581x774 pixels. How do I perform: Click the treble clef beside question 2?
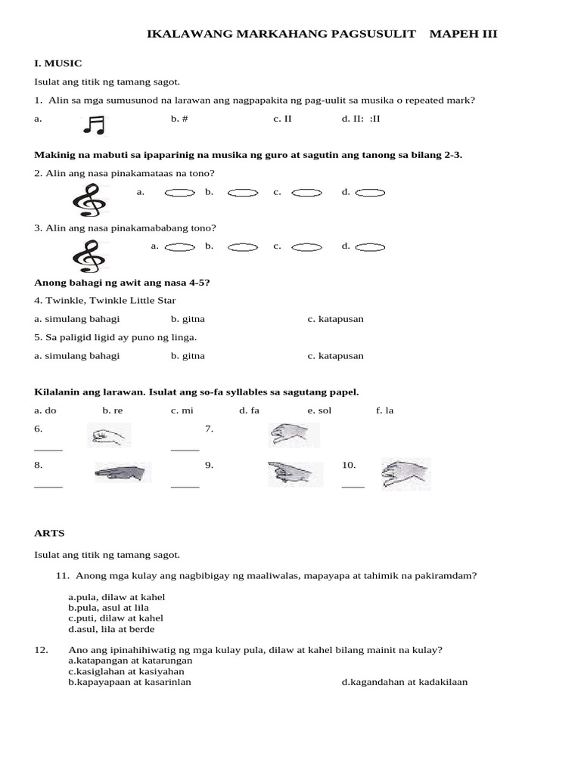89,200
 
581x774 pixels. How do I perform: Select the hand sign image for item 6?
109,435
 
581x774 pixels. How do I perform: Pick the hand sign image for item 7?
294,435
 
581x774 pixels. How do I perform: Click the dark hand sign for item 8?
122,473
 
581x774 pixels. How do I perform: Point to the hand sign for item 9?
290,473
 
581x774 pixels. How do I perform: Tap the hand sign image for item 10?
405,473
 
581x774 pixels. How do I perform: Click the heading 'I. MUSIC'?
58,63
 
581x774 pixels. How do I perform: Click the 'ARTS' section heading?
49,533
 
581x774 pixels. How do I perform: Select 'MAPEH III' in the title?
463,34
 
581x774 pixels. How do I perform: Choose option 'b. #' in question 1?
179,119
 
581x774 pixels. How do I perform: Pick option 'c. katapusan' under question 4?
335,318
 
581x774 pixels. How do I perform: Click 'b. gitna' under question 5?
188,355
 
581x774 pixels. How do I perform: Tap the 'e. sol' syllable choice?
319,410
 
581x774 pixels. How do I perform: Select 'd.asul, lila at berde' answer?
111,629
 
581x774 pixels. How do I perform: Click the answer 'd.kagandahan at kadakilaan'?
404,682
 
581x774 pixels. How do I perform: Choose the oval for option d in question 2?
370,193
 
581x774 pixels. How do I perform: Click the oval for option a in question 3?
179,246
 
